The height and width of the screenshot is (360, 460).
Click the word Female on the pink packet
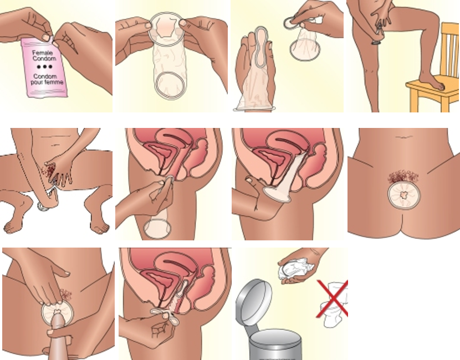[x=43, y=53]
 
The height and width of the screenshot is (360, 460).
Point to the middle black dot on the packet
[x=45, y=67]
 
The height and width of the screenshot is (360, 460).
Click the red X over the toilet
[x=333, y=299]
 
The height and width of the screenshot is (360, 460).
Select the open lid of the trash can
[x=254, y=302]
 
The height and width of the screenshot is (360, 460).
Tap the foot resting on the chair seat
[x=432, y=81]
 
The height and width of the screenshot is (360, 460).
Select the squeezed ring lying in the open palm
[x=261, y=47]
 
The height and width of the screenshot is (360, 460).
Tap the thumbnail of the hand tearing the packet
[x=46, y=38]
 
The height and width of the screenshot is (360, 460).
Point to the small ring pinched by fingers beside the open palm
[x=290, y=23]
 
